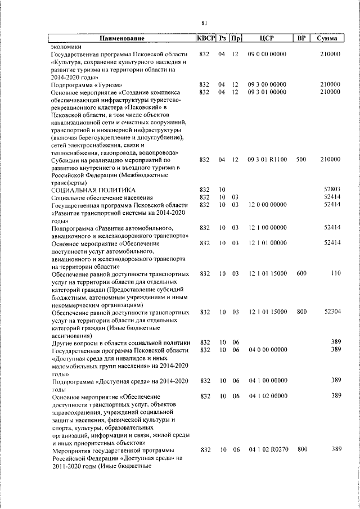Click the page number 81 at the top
tap(204, 22)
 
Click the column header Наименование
tap(122, 39)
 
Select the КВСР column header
tap(205, 39)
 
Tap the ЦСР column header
tap(267, 39)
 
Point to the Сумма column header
tap(327, 39)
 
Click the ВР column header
tap(301, 39)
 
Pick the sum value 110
tap(336, 273)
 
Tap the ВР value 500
tap(301, 159)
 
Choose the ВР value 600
tap(301, 273)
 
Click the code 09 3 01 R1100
tap(267, 159)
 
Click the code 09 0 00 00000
tap(267, 54)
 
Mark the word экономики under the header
tap(66, 47)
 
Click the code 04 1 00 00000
tap(267, 381)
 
